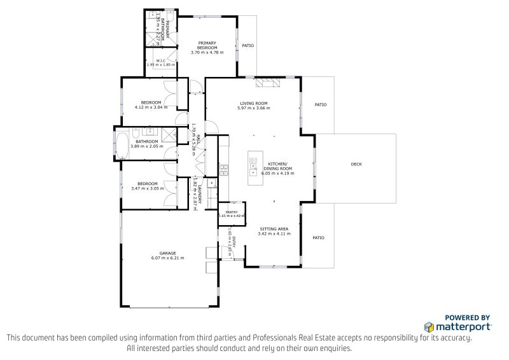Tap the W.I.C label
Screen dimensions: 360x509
tap(160, 60)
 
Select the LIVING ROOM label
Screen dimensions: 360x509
tap(253, 103)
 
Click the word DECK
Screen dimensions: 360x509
tap(356, 165)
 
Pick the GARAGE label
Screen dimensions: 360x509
tap(168, 253)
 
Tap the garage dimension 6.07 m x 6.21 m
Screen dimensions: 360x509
tap(168, 258)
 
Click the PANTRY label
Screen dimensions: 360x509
tap(232, 212)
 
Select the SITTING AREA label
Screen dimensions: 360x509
tap(274, 228)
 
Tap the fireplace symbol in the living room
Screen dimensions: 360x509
tap(267, 81)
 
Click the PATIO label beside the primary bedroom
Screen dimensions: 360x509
tap(248, 46)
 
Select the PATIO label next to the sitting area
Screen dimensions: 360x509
tap(318, 238)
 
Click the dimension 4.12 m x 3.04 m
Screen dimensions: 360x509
tap(151, 107)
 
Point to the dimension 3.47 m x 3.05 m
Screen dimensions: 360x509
tap(147, 188)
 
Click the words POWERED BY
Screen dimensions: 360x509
tap(467, 317)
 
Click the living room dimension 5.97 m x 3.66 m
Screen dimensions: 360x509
tap(253, 108)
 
